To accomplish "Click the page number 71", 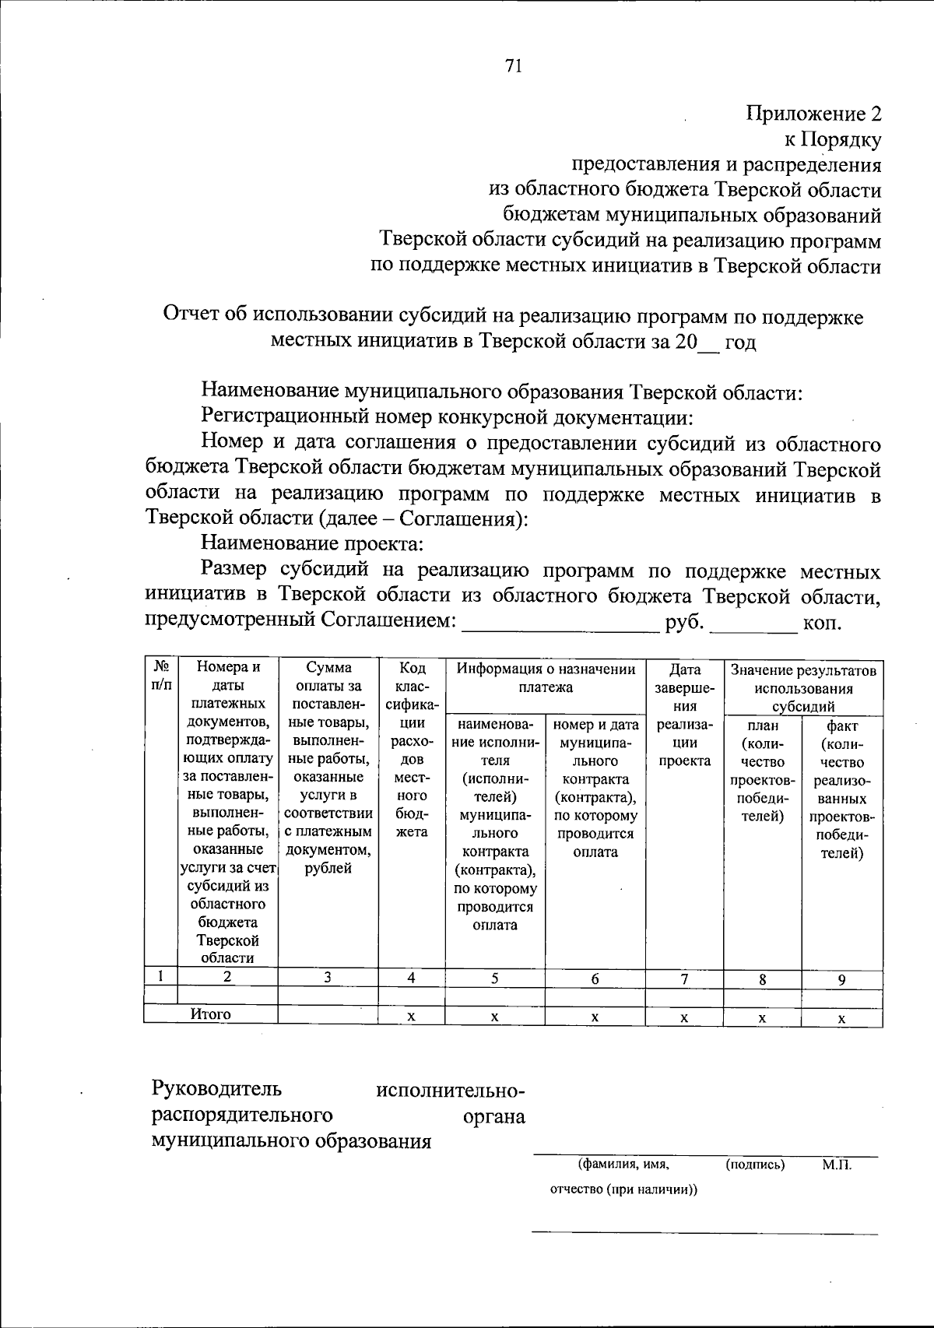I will tap(512, 66).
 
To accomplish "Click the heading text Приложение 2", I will tap(814, 114).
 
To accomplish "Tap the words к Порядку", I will tap(831, 140).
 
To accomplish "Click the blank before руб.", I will tap(560, 624).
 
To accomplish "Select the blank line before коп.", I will tap(755, 624).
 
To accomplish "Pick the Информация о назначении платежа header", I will tap(546, 677).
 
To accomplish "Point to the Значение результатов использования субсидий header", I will tap(803, 688).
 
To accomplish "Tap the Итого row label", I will tap(211, 1014).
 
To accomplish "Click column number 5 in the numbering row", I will tap(495, 978).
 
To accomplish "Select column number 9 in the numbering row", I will tap(841, 980).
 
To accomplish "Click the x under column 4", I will tap(411, 1017).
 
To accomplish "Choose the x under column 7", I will tap(683, 1017).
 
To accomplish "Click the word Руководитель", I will tap(216, 1087).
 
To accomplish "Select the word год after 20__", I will tap(740, 343).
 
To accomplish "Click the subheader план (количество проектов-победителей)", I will tap(762, 771).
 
